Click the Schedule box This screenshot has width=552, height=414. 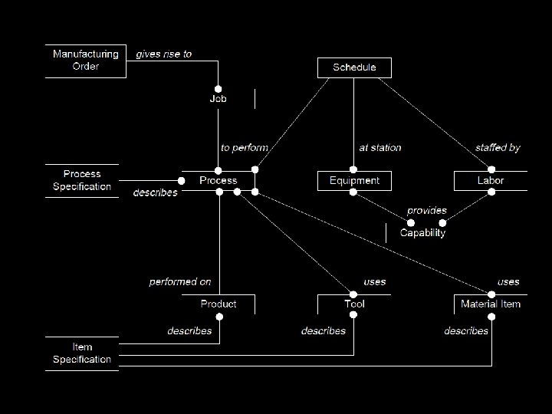coord(354,67)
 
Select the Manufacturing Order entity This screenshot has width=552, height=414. coord(85,60)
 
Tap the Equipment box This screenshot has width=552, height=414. coord(354,181)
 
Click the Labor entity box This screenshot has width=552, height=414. coord(491,181)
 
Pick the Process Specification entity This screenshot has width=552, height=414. coord(82,180)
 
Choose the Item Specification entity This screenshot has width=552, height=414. coord(82,353)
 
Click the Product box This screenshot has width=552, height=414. coord(219,304)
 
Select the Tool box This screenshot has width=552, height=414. coord(354,304)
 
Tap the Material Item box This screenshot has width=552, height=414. coord(491,304)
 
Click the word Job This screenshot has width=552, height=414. coord(219,99)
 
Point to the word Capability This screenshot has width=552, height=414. coord(422,233)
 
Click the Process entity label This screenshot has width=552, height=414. coord(219,181)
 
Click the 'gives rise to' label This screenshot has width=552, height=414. coord(164,54)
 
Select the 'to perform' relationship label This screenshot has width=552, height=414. coord(245,148)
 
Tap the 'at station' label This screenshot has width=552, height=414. coord(380,148)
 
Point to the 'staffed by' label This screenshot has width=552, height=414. coord(498,148)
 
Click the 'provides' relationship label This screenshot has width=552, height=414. coord(426,211)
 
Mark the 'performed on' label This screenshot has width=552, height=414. coord(180,282)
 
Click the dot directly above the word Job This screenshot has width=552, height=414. coord(219,89)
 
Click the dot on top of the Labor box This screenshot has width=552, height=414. coord(491,170)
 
